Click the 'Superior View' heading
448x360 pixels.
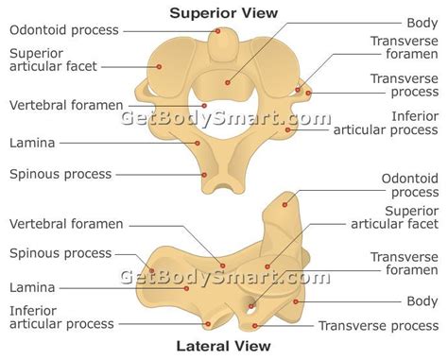[224, 13]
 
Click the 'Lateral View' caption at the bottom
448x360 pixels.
[223, 346]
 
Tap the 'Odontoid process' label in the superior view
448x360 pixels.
[64, 30]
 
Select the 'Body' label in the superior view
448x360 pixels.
[422, 23]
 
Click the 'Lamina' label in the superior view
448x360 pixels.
[32, 143]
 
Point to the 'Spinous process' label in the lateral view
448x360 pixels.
[60, 253]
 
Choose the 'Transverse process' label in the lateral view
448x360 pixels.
[378, 326]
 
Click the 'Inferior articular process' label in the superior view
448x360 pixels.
[386, 123]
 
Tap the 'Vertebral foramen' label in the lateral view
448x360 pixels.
[66, 224]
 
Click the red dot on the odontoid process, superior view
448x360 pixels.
[217, 31]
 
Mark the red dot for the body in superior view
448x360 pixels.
[228, 83]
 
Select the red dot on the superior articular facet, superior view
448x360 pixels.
[159, 67]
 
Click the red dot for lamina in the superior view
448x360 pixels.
[198, 143]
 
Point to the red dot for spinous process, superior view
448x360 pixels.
[204, 175]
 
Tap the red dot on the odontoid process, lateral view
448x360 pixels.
[284, 205]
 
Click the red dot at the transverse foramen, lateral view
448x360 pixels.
[251, 306]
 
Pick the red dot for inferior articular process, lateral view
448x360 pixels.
[208, 324]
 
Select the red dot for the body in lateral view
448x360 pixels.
[296, 301]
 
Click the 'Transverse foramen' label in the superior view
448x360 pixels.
[405, 47]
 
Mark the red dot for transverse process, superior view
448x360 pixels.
[308, 93]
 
